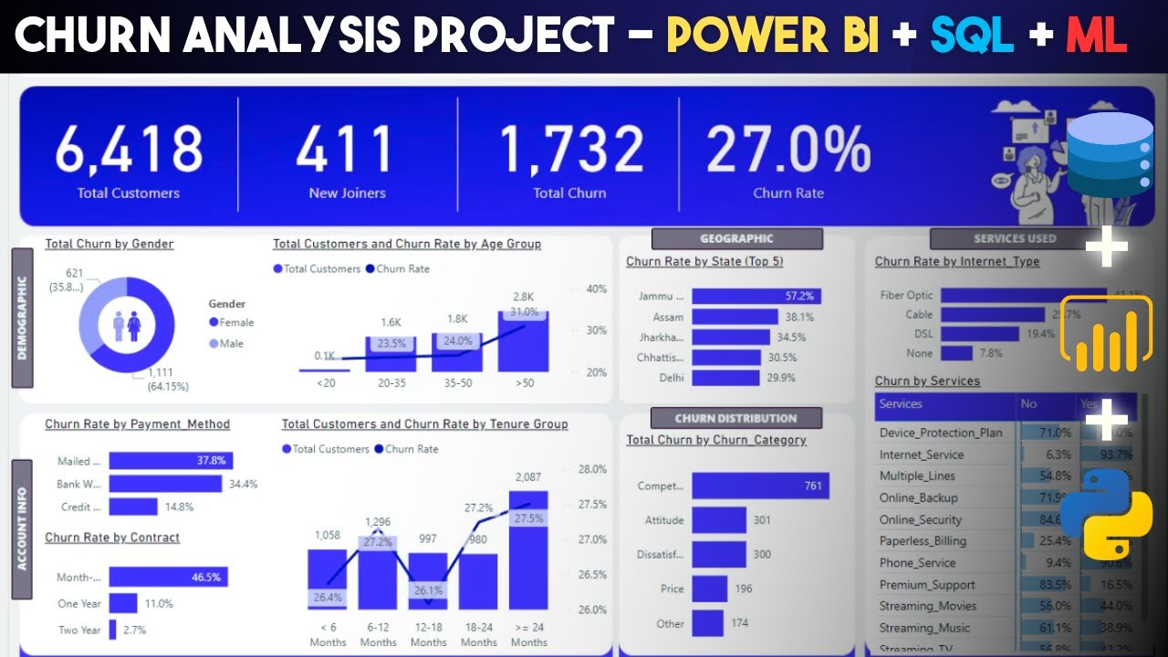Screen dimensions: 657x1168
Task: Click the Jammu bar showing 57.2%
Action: pos(756,296)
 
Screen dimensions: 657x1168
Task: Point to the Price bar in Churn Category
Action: pos(709,589)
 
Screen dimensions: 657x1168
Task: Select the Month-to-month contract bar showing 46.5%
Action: pos(168,578)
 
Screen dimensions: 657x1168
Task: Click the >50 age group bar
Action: pos(523,342)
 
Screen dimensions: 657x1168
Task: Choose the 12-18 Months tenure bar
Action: pos(427,581)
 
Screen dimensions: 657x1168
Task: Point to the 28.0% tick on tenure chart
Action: pos(592,469)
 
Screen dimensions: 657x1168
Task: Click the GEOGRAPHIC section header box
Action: pos(736,238)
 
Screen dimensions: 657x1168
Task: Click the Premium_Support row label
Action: pos(927,585)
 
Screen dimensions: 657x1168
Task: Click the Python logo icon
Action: pos(1106,514)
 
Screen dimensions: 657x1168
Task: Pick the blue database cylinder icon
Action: pos(1110,155)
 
